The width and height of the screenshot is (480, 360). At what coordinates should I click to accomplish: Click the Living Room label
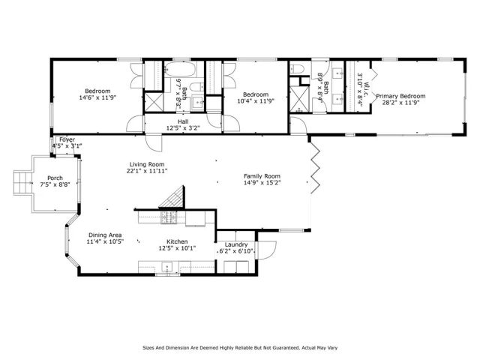click(x=147, y=163)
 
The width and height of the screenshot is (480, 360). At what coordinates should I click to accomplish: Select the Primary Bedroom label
click(x=400, y=96)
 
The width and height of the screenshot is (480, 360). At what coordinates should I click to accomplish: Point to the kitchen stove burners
click(x=170, y=219)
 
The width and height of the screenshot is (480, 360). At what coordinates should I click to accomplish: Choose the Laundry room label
click(x=236, y=244)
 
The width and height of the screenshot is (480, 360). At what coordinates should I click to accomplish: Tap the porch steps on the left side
click(x=20, y=180)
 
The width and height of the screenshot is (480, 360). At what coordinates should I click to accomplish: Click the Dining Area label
click(x=105, y=235)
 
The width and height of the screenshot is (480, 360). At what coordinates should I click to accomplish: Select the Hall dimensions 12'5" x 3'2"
click(x=182, y=127)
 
